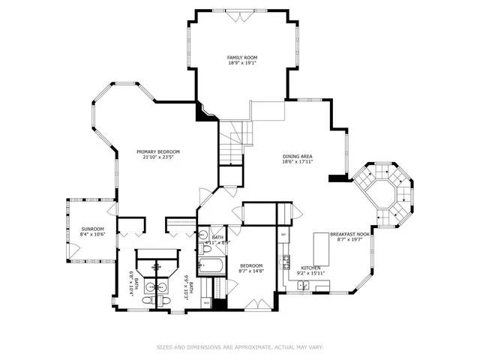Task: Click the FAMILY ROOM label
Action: pyautogui.click(x=242, y=57)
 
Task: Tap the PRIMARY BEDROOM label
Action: pyautogui.click(x=157, y=151)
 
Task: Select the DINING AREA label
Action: pyautogui.click(x=297, y=155)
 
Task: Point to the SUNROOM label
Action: pyautogui.click(x=92, y=229)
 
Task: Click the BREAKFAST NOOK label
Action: pyautogui.click(x=353, y=234)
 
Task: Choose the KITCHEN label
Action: pyautogui.click(x=311, y=268)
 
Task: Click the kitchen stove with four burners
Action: pyautogui.click(x=285, y=262)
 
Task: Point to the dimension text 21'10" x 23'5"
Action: pyautogui.click(x=157, y=157)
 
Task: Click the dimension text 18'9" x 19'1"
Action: pyautogui.click(x=242, y=63)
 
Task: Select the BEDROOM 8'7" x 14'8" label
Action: pyautogui.click(x=251, y=268)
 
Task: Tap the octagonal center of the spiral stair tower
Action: pyautogui.click(x=383, y=193)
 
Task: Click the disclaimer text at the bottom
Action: pyautogui.click(x=240, y=347)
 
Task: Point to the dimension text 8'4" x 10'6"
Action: pyautogui.click(x=92, y=235)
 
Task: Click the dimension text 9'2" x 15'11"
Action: pyautogui.click(x=311, y=274)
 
